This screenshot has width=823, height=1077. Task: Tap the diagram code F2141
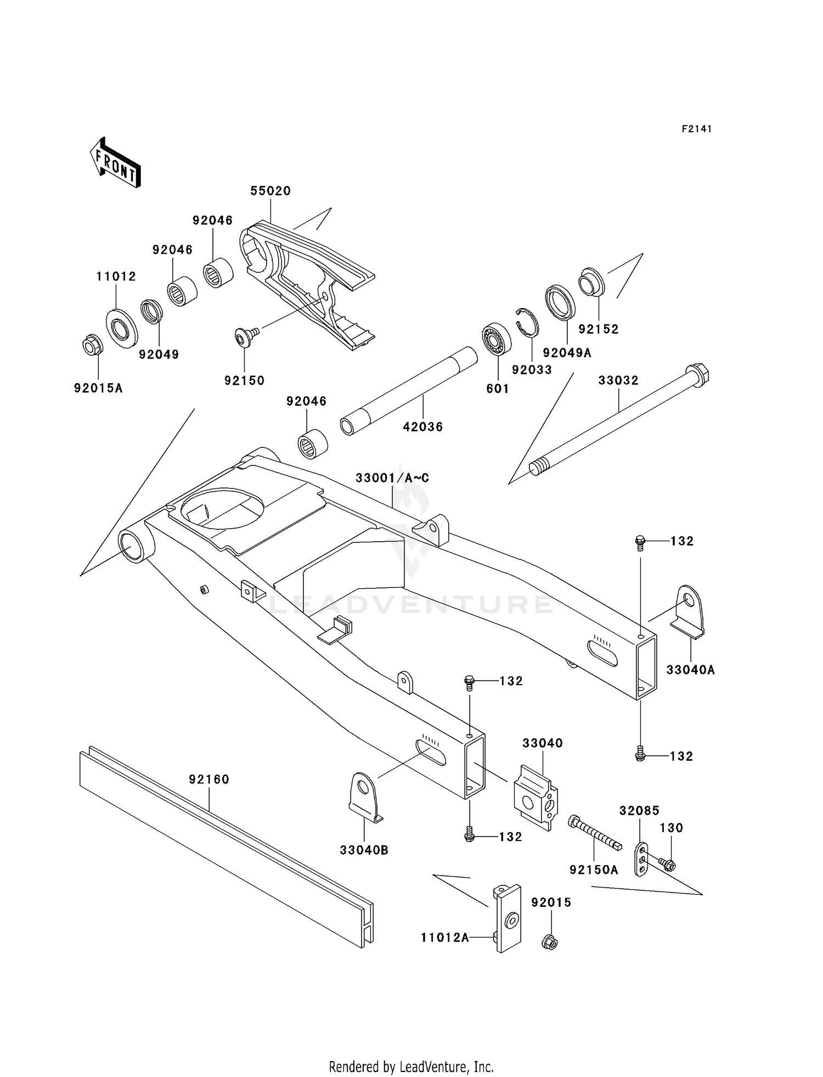(x=696, y=129)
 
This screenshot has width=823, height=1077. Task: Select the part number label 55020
(x=270, y=191)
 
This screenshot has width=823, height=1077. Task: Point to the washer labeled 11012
(x=121, y=328)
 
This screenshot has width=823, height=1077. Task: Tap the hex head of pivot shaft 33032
(x=697, y=374)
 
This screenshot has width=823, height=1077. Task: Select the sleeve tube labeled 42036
(x=408, y=390)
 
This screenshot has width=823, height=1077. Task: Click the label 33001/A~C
(x=392, y=478)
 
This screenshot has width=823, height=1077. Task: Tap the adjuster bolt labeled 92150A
(x=595, y=832)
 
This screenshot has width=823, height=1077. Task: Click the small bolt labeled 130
(x=667, y=865)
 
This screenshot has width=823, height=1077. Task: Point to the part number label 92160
(x=209, y=779)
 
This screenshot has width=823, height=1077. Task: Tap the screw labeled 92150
(x=245, y=336)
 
